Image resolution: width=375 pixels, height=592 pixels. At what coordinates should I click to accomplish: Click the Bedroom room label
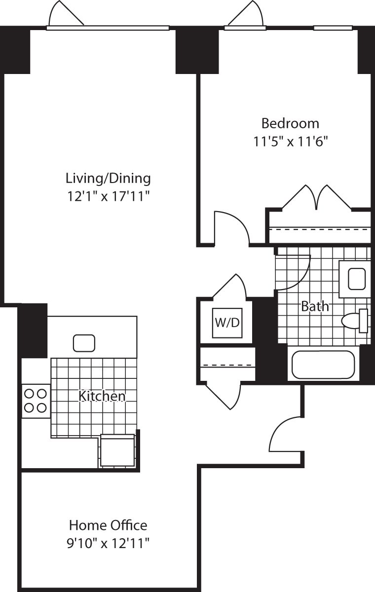[x=290, y=123]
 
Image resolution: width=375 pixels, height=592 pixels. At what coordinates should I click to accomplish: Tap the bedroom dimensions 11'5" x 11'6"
[x=291, y=142]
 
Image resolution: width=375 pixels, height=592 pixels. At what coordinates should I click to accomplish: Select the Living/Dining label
[x=108, y=178]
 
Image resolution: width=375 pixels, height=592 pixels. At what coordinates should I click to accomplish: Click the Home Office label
[x=108, y=525]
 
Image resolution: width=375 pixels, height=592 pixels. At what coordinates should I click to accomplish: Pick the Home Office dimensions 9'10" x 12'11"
[x=108, y=544]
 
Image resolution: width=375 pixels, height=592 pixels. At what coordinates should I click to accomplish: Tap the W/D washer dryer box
[x=227, y=323]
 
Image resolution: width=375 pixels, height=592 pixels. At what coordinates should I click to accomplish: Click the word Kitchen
[x=103, y=396]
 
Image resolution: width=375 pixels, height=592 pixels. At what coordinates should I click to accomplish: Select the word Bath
[x=315, y=306]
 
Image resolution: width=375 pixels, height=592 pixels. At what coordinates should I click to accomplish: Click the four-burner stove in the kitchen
[x=36, y=401]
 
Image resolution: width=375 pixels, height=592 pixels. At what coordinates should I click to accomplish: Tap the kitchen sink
[x=84, y=342]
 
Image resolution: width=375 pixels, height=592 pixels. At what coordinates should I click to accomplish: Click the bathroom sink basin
[x=357, y=279]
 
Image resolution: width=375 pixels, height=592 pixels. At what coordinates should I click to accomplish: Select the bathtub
[x=323, y=365]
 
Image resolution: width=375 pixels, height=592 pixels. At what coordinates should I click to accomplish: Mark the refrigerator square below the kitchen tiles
[x=117, y=451]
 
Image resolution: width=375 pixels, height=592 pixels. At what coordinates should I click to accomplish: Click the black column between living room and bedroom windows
[x=197, y=49]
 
